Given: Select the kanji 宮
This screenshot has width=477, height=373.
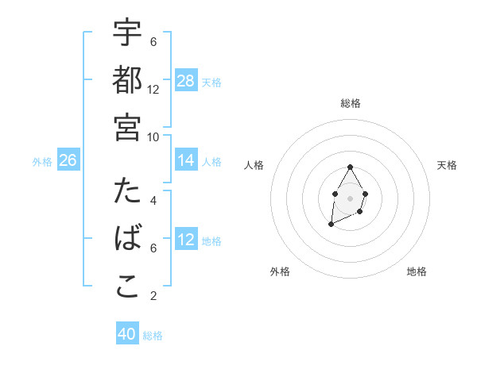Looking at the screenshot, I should pos(128,127).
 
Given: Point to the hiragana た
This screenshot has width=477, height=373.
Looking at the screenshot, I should pos(128,193).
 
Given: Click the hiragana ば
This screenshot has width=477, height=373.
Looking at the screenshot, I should pos(128,240).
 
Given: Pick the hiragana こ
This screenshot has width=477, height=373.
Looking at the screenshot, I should pos(128,286).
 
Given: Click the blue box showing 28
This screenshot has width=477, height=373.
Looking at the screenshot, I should pos(186,81).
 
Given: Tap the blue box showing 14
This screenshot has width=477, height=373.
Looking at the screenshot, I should pos(186,161).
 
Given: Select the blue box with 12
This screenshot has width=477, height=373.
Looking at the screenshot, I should pos(186,240).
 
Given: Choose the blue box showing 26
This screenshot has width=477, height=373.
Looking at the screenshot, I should pos(68,161).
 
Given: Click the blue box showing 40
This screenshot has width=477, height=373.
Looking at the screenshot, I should pos(127,334).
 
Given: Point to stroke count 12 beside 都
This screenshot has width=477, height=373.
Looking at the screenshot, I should pos(153,89).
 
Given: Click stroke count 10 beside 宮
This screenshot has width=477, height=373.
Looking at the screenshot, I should pos(153,136).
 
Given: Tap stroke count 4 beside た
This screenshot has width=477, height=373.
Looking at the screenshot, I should pos(153,201).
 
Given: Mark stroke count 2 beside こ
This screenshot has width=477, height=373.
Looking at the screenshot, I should pos(153,296).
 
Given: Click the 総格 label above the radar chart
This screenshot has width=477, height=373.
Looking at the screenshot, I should pos(351,103).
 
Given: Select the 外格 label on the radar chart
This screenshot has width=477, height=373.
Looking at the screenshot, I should pos(280,271).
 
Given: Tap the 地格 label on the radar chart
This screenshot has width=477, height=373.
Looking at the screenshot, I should pos(417,271).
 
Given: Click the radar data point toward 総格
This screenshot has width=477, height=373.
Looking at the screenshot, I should pos(350,167).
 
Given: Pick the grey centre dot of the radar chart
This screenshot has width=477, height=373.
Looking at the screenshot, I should pos(350,197).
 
